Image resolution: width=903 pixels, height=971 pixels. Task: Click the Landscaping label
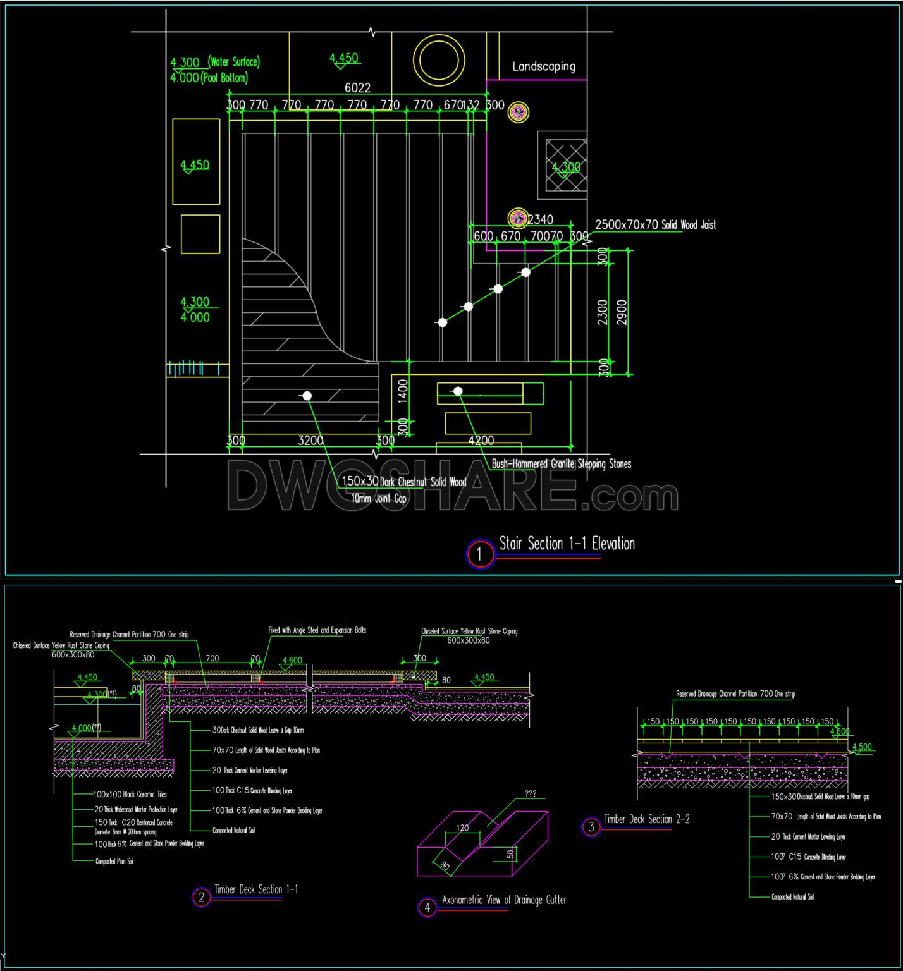click(x=544, y=66)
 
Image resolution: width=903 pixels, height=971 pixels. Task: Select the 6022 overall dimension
click(x=357, y=88)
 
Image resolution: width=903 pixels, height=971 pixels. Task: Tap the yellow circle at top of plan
click(x=439, y=61)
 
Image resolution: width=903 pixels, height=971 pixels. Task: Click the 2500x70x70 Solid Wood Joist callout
click(x=656, y=224)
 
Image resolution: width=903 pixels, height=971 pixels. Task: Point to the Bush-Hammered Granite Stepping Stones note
click(x=562, y=464)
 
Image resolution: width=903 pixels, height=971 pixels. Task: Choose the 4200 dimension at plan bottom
click(x=481, y=441)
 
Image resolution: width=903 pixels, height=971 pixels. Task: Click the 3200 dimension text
click(x=310, y=441)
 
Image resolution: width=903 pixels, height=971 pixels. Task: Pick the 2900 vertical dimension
click(x=622, y=312)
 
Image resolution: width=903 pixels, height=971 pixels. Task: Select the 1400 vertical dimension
click(x=403, y=390)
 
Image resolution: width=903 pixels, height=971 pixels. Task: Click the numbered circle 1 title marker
click(x=479, y=554)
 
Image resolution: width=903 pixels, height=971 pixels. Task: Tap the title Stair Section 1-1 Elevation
click(x=567, y=544)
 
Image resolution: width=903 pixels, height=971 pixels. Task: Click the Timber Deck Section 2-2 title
click(x=646, y=819)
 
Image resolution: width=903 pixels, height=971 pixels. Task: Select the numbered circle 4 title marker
click(x=427, y=908)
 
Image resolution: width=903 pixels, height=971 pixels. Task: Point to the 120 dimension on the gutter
click(x=462, y=827)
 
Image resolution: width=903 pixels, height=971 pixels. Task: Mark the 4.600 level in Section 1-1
click(x=292, y=661)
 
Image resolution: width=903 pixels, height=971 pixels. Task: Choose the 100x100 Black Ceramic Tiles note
click(x=130, y=794)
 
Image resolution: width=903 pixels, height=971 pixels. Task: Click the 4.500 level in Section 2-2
click(x=862, y=747)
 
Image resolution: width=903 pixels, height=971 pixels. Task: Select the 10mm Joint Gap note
click(x=379, y=499)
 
